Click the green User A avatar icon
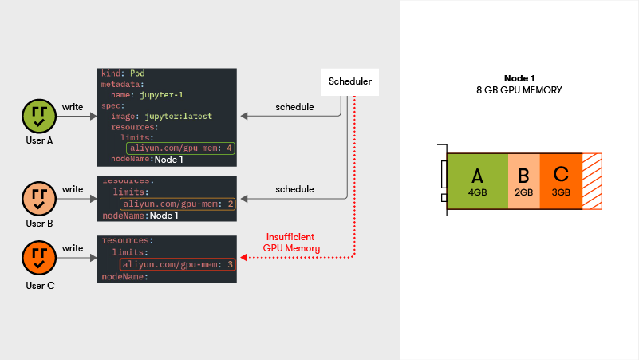click(39, 116)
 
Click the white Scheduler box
click(349, 81)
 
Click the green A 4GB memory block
click(477, 181)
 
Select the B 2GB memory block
click(523, 181)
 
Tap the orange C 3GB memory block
click(561, 181)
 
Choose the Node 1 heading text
click(519, 78)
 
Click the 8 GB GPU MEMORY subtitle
click(519, 90)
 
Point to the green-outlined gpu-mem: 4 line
click(180, 148)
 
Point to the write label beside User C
click(73, 248)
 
